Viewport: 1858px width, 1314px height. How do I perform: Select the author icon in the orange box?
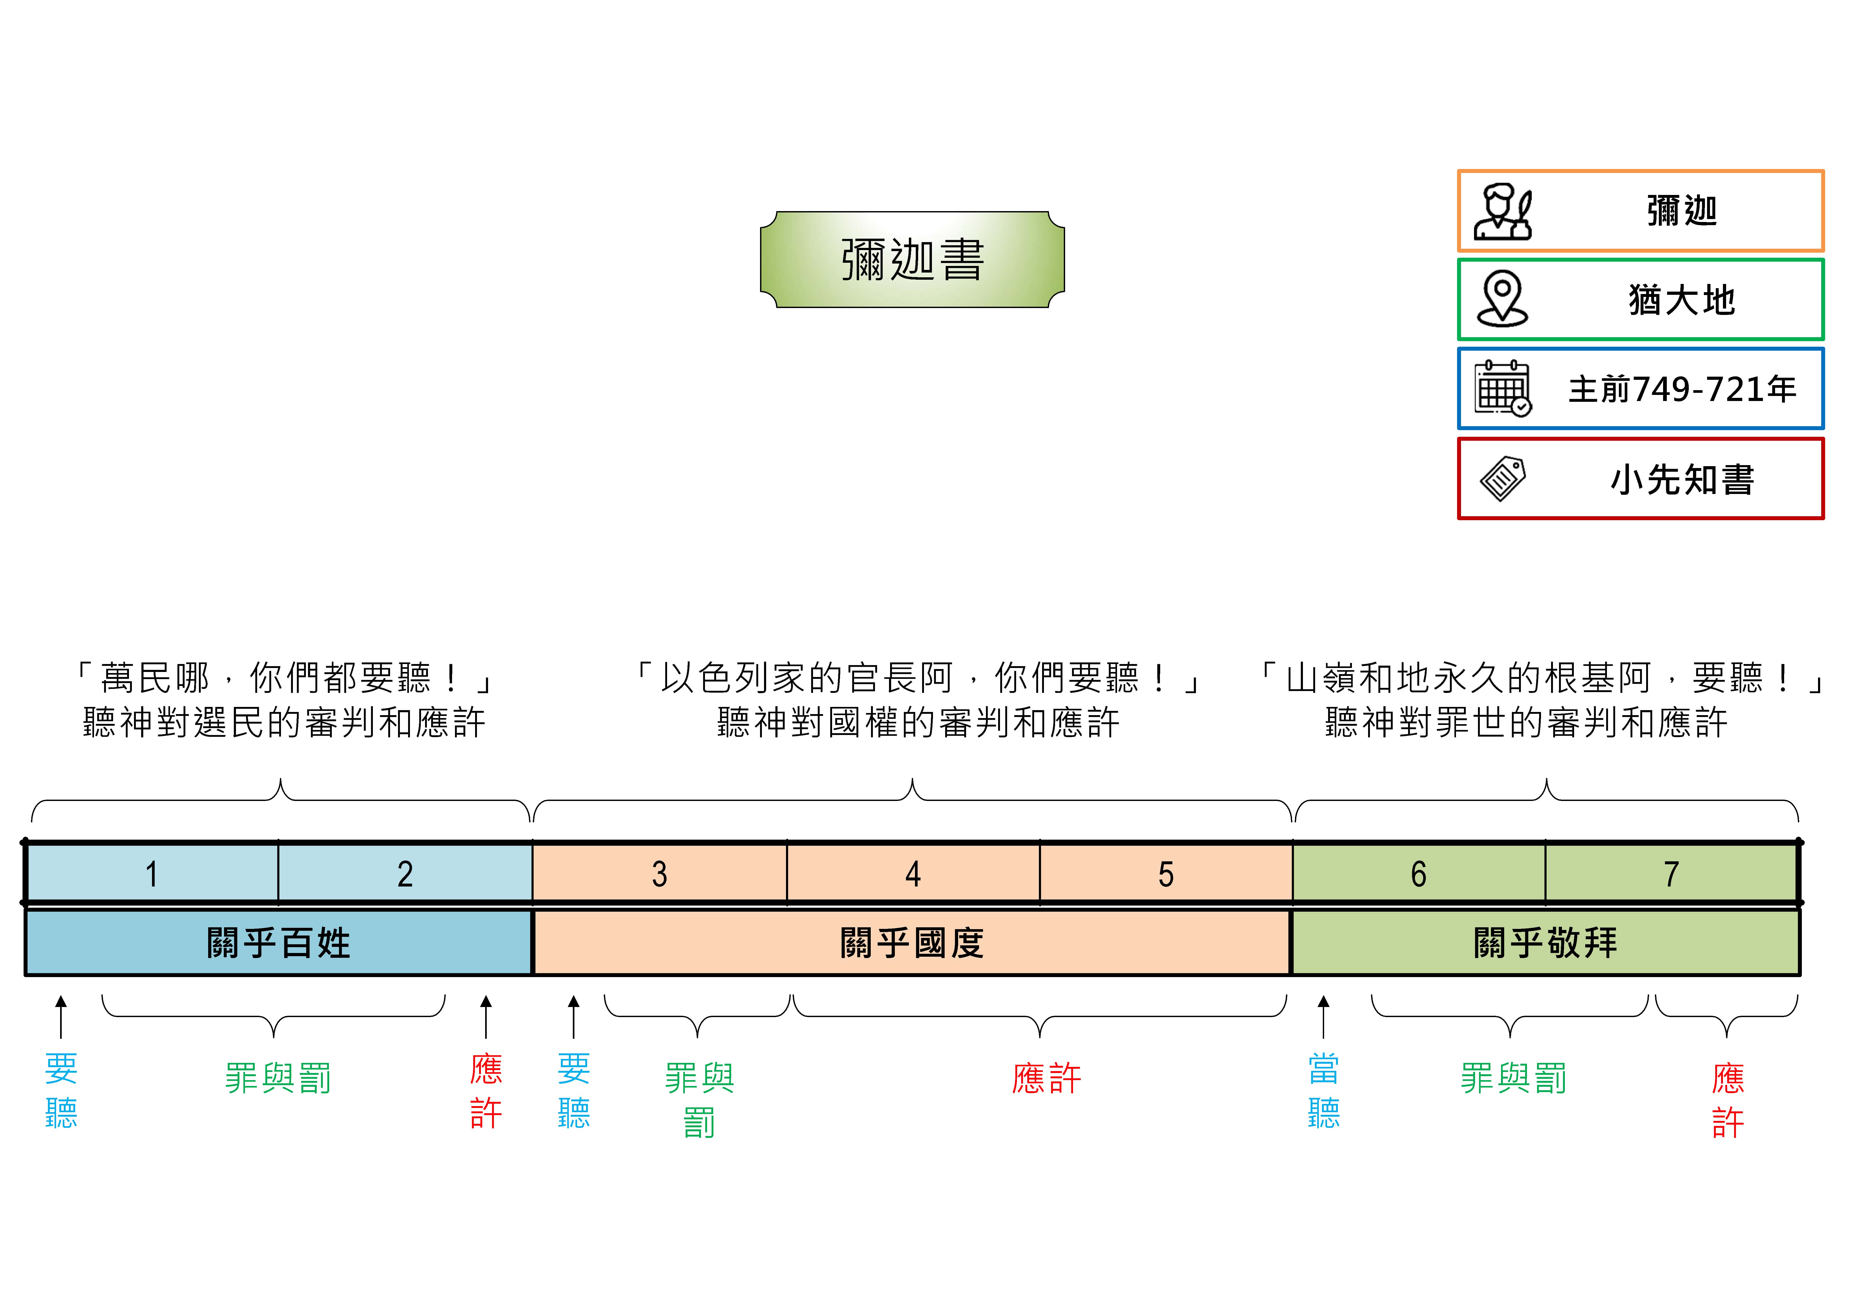pos(1502,212)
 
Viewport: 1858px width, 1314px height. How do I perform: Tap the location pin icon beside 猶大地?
pos(1502,299)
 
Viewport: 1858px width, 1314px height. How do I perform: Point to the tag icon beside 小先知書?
pos(1502,479)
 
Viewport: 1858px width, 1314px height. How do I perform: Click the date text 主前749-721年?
pos(1682,389)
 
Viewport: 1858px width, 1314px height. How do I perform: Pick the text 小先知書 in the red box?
pos(1682,479)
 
